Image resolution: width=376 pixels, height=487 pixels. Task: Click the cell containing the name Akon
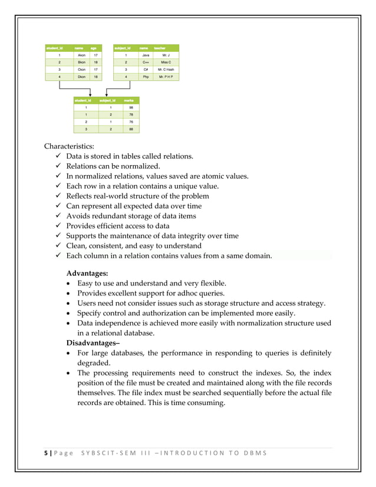[x=81, y=55]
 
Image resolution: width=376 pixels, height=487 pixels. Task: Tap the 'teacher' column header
[x=160, y=47]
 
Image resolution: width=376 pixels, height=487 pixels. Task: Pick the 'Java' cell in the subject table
[x=145, y=55]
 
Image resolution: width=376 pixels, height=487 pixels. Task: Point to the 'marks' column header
[x=128, y=101]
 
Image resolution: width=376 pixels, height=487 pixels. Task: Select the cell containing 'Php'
[x=145, y=77]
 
